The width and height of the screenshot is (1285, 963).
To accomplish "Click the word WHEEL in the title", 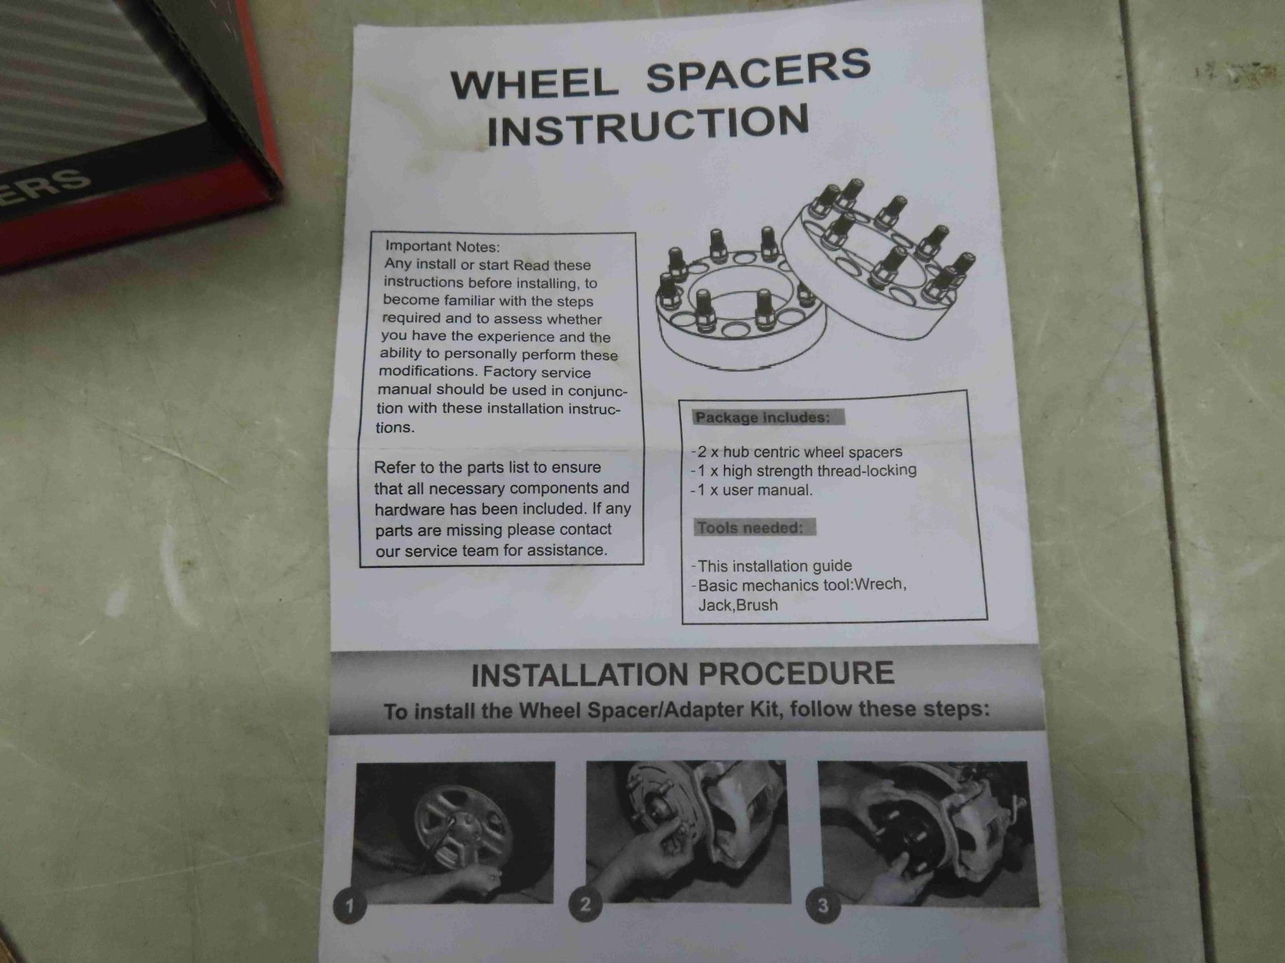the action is click(534, 82).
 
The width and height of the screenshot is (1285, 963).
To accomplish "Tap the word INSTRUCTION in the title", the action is click(648, 126).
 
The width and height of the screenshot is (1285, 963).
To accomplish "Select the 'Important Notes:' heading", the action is click(443, 247).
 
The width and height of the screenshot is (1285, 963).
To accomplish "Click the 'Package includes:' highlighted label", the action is click(763, 417).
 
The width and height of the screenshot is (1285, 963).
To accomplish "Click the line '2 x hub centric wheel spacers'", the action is click(797, 452).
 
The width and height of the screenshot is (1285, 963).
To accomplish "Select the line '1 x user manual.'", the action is click(752, 490).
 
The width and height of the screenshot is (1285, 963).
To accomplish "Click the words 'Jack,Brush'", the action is click(738, 605).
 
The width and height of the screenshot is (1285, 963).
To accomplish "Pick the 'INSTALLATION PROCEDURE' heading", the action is click(682, 674).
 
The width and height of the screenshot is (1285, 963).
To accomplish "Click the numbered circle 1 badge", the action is click(349, 907).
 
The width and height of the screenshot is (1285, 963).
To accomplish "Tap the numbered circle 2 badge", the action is click(585, 905).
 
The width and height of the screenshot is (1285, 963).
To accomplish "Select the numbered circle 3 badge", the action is click(822, 906).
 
